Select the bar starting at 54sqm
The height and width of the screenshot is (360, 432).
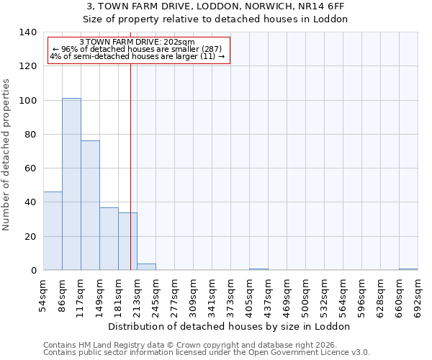click(x=53, y=231)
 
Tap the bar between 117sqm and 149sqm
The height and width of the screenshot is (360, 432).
click(x=90, y=205)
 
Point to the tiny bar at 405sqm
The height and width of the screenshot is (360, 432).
click(x=258, y=269)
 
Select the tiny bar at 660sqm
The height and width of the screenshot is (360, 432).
click(x=408, y=269)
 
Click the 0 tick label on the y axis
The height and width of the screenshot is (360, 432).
click(x=33, y=271)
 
